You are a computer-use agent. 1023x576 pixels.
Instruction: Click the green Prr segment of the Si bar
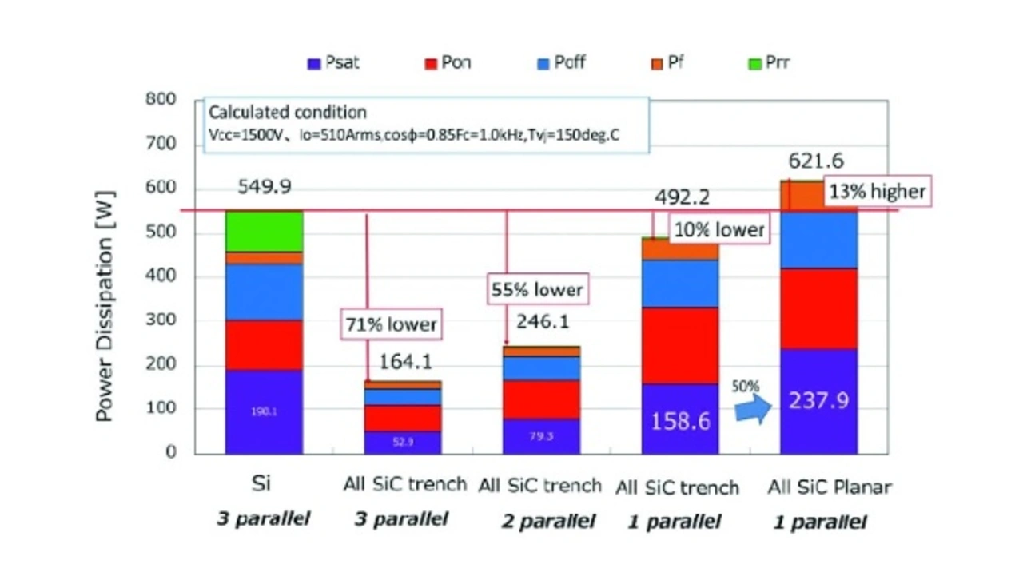click(x=264, y=232)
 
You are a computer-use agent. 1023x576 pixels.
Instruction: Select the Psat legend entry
click(x=333, y=63)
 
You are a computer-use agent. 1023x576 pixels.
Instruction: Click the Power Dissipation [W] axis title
click(x=105, y=306)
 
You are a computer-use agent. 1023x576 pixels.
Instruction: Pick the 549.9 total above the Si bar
click(x=264, y=187)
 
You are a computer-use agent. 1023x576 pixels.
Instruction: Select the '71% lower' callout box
click(x=391, y=324)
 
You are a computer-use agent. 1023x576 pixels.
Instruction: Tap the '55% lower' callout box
click(x=536, y=289)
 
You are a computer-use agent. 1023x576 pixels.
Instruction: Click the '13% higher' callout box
click(x=876, y=193)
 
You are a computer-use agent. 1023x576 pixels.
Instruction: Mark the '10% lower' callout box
click(x=718, y=230)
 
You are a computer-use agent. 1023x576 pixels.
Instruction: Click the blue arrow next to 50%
click(x=752, y=409)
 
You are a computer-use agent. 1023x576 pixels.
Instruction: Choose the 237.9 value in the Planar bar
click(x=818, y=400)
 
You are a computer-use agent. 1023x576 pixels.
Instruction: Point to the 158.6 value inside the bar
click(x=680, y=420)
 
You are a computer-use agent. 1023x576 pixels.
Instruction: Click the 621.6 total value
click(x=816, y=161)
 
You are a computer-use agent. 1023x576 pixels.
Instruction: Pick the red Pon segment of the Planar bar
click(x=818, y=308)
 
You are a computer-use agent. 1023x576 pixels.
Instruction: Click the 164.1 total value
click(x=406, y=361)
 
